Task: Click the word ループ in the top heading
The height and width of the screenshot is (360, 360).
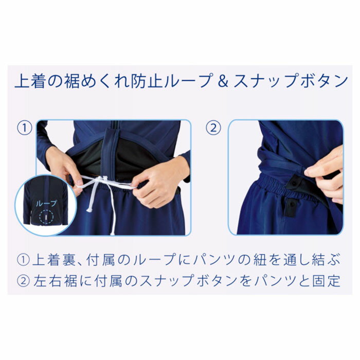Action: pos(175,81)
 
